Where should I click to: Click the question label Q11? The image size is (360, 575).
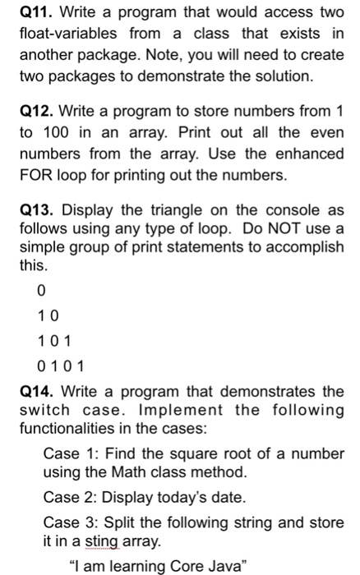point(35,14)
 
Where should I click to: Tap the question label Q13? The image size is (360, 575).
point(35,209)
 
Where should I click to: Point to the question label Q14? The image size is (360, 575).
point(35,391)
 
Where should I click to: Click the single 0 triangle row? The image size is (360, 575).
point(42,291)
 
